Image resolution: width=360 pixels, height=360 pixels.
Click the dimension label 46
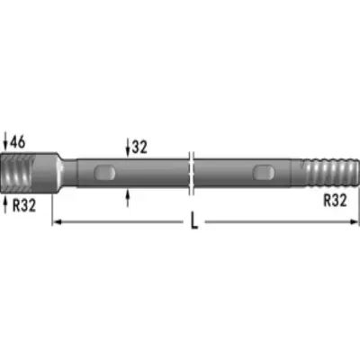(18, 142)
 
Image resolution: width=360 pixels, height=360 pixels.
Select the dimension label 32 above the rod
(139, 147)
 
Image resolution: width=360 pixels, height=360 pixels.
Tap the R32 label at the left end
(24, 205)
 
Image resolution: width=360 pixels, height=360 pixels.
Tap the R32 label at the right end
(335, 200)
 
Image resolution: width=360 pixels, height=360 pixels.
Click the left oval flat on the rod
(104, 173)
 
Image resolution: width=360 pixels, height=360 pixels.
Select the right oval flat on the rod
(264, 173)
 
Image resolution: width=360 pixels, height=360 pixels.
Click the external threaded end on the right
(330, 173)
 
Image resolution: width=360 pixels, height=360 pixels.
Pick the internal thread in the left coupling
(17, 173)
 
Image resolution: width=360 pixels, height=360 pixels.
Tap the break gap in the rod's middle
(192, 173)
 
